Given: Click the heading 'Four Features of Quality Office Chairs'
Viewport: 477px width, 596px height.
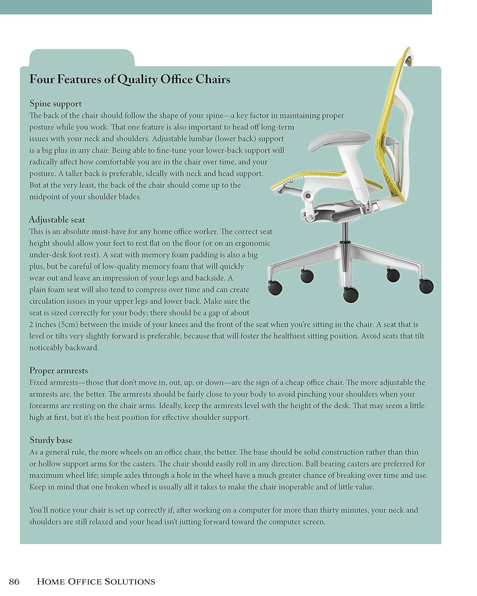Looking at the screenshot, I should coord(130,79).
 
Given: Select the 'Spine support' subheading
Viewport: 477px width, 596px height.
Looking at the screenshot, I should coord(56,104).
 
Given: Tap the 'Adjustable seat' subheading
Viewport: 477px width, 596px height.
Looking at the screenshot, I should coord(57,220).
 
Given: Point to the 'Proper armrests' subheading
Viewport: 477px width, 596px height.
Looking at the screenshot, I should coord(58,371).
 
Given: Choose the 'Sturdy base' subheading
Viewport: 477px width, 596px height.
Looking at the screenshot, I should coord(51,440).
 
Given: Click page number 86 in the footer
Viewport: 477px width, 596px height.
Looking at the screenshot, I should coord(14,582).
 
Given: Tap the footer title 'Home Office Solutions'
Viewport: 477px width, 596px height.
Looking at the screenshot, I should coord(96,582).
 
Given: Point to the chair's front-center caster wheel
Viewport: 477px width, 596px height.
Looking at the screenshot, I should coord(350,294).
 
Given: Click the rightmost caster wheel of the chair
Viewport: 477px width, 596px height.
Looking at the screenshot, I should coord(427,285).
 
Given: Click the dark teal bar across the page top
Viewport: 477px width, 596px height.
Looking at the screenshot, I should coord(216,7).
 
